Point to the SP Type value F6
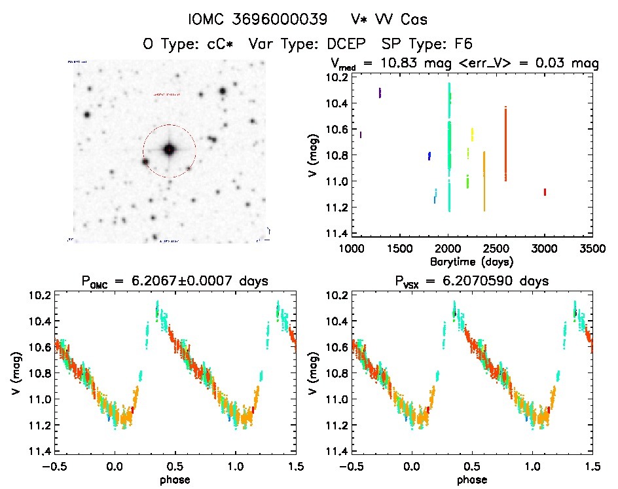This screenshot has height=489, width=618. point(463,45)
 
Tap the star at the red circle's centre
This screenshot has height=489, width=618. point(169,151)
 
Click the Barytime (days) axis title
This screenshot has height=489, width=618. point(472,261)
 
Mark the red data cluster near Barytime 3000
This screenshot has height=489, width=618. point(545,192)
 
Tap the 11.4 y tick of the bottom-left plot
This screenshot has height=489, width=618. point(41,452)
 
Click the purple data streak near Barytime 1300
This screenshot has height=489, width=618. point(380,93)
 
